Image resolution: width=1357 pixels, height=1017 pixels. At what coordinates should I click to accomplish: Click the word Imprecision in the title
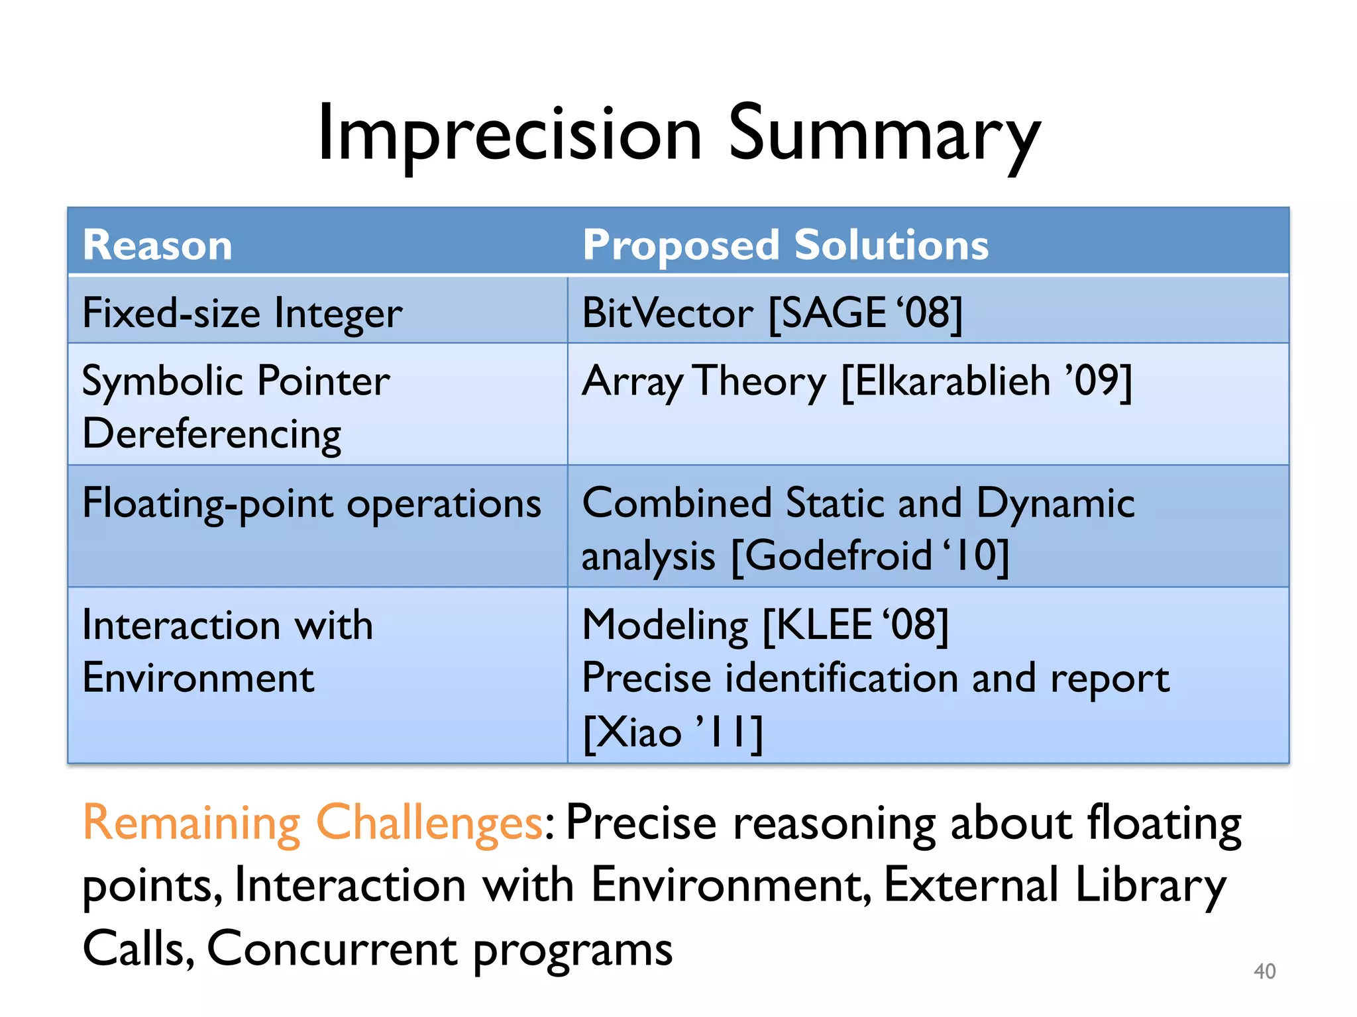pyautogui.click(x=509, y=134)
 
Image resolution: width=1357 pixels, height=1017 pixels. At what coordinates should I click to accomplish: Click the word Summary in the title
pyautogui.click(x=884, y=134)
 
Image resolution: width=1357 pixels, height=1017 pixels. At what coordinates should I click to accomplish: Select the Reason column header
pyautogui.click(x=158, y=245)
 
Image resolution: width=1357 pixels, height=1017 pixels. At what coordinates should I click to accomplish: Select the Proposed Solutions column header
pyautogui.click(x=785, y=245)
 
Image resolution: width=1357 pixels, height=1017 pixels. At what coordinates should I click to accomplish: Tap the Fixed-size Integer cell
pyautogui.click(x=243, y=313)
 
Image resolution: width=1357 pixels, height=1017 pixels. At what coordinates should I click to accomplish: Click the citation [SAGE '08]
pyautogui.click(x=865, y=313)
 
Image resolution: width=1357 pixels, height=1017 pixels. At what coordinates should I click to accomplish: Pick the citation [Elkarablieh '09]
pyautogui.click(x=987, y=381)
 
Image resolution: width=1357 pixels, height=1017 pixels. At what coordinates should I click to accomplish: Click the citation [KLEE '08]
pyautogui.click(x=855, y=625)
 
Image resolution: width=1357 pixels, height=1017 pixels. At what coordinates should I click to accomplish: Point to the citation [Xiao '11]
pyautogui.click(x=673, y=732)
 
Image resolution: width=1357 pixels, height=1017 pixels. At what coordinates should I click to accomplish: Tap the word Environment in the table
pyautogui.click(x=198, y=678)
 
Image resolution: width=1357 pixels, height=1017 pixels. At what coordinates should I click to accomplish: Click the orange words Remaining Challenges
pyautogui.click(x=313, y=823)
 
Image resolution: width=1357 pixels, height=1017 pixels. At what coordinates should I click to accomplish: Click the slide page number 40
pyautogui.click(x=1264, y=971)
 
